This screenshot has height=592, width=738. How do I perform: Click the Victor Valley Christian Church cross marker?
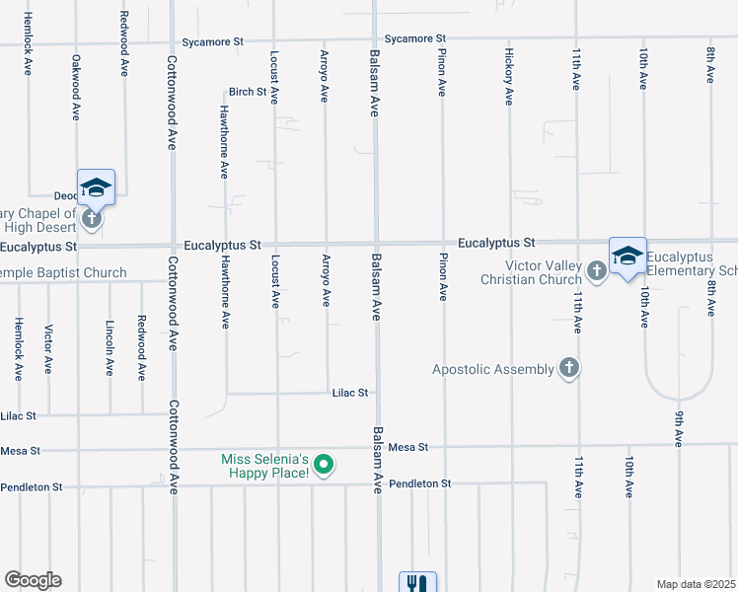[596, 270]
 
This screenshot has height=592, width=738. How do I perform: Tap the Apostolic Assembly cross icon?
[568, 369]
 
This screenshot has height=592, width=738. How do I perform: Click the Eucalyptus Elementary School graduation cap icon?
[627, 256]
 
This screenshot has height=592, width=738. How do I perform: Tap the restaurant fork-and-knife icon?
[417, 583]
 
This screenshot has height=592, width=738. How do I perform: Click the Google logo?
[33, 580]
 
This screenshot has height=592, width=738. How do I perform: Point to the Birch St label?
[248, 92]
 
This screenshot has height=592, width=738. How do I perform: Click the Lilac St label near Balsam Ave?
[350, 393]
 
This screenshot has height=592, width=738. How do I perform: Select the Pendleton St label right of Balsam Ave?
[419, 483]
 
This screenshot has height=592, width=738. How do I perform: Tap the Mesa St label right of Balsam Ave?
[407, 447]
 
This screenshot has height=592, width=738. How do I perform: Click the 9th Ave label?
[680, 430]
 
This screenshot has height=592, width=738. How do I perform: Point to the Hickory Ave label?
[509, 76]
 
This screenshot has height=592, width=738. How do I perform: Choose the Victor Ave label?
[47, 351]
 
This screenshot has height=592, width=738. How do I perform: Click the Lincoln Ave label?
[110, 347]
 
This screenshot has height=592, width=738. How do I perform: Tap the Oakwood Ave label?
[76, 87]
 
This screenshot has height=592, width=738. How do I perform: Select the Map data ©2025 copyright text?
[696, 584]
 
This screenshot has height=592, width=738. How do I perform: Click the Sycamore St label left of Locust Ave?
[212, 42]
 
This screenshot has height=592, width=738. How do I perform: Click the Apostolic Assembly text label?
[493, 369]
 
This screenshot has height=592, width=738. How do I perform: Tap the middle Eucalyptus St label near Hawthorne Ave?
[222, 244]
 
